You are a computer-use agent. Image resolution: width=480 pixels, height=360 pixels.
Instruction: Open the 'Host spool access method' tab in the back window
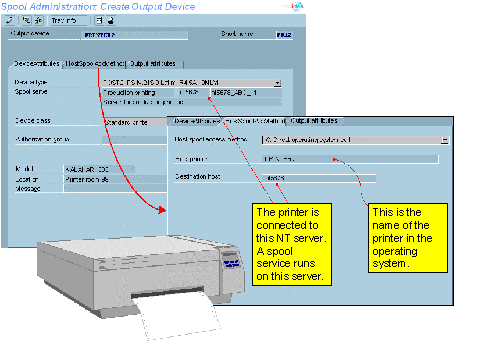[95, 62]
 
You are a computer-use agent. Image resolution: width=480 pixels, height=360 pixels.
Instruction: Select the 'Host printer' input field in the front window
[350, 158]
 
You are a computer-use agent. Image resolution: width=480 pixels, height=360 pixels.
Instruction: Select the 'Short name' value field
[285, 34]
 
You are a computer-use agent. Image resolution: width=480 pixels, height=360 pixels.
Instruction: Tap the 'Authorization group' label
[42, 139]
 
